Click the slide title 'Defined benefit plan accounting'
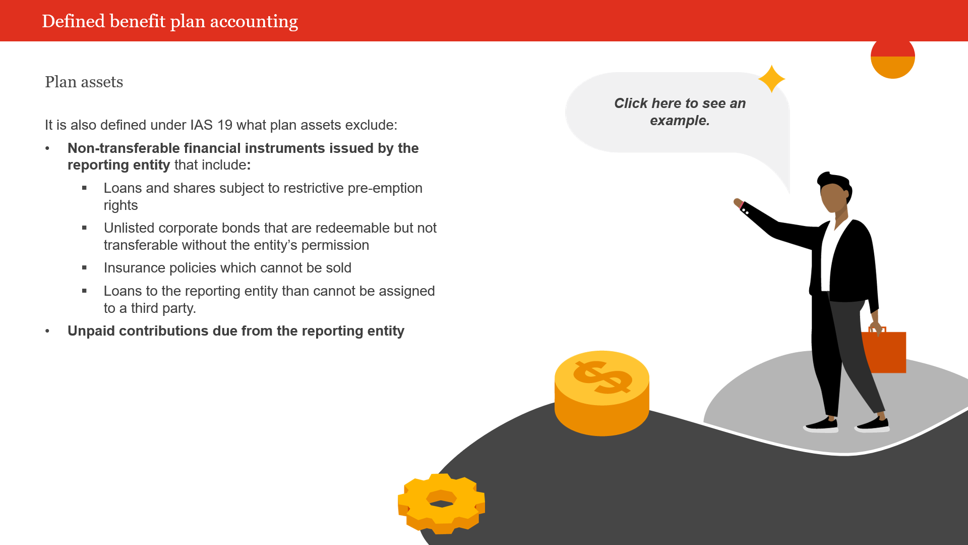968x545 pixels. click(x=170, y=21)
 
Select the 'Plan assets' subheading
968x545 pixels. click(x=84, y=82)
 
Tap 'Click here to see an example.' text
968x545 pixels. click(x=679, y=112)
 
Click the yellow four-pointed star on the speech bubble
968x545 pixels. click(x=771, y=79)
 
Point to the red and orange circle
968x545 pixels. click(x=892, y=58)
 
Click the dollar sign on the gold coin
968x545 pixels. click(x=602, y=377)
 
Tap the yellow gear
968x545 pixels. click(x=442, y=503)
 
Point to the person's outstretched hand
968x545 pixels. click(x=738, y=203)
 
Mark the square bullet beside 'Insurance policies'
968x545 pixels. click(x=84, y=267)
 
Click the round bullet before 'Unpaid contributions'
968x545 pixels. click(x=47, y=331)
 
